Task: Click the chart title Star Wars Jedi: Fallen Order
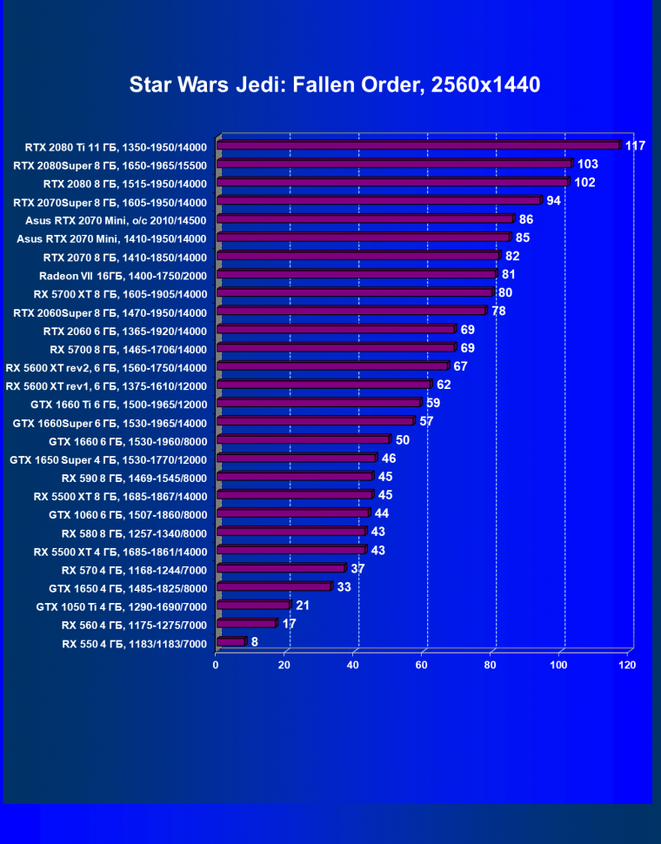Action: coord(335,84)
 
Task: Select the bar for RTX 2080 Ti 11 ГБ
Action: coord(418,145)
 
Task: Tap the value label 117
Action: coord(635,145)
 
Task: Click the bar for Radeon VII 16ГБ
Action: coord(357,274)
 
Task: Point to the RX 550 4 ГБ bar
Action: coord(231,642)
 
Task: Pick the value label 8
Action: coord(255,642)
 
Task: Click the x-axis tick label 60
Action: coord(421,665)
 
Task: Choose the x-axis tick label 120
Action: coord(626,665)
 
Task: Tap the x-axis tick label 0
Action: coord(216,665)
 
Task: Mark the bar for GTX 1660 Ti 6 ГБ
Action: coord(318,403)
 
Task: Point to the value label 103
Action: coord(588,164)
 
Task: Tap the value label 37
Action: coord(357,568)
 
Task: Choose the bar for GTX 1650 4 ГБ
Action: coord(274,586)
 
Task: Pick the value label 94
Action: coord(553,201)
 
